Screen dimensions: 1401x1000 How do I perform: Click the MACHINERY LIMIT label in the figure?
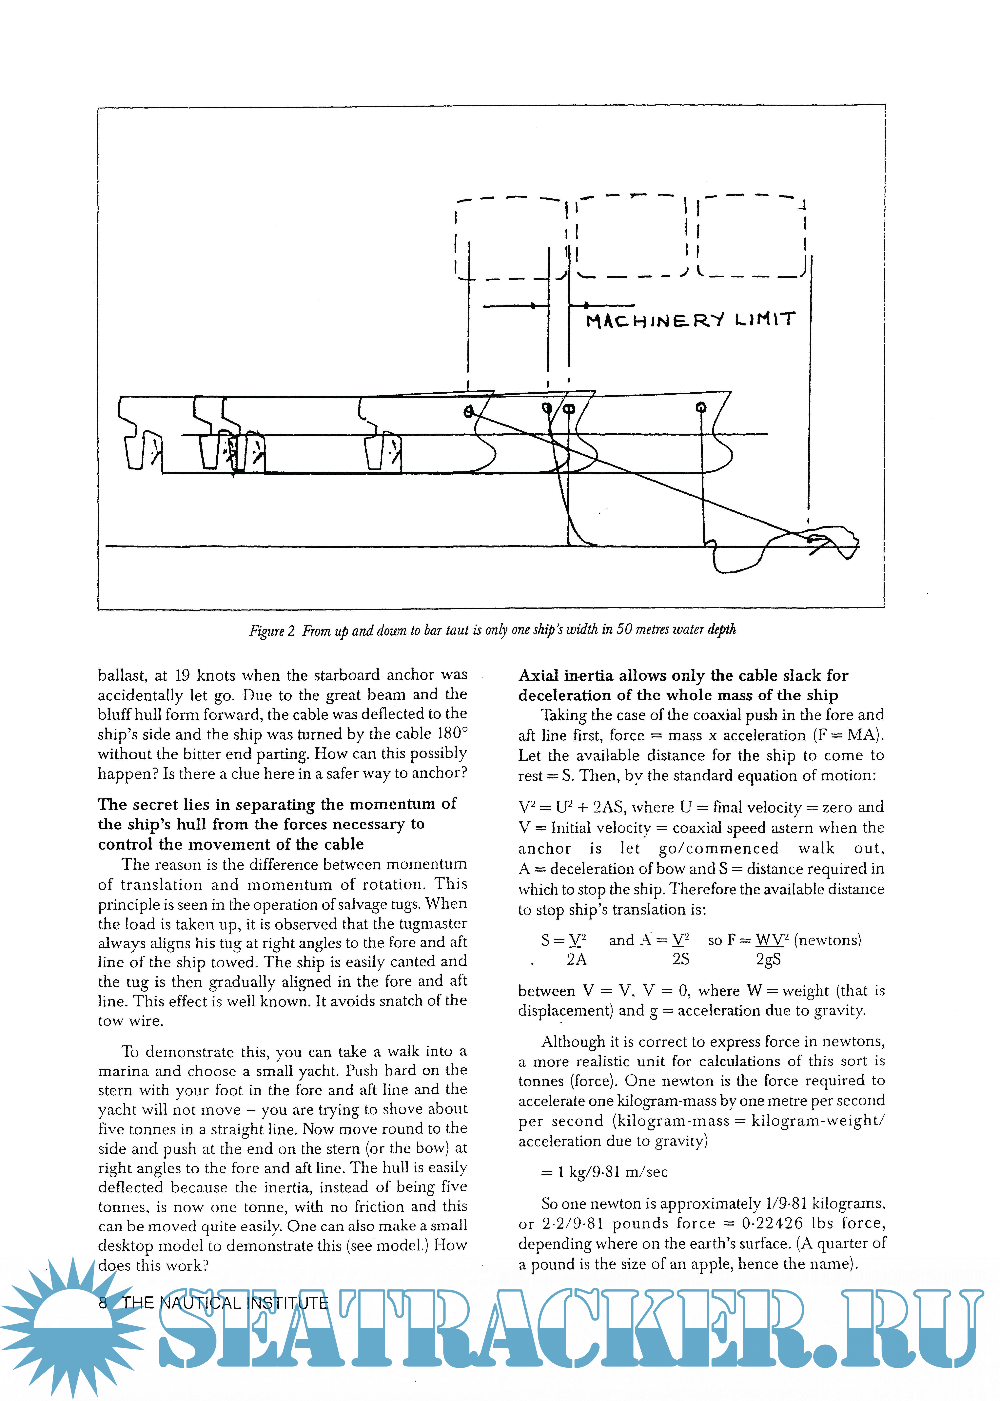tap(690, 320)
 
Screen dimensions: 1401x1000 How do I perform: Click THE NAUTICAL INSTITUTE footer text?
tap(225, 1303)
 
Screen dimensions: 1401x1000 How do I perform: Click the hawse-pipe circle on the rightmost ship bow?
tap(701, 407)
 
